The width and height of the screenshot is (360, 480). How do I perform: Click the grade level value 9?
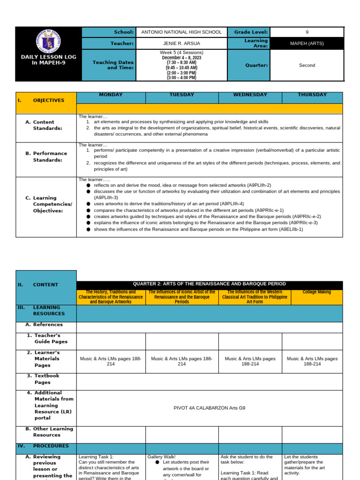[x=307, y=32]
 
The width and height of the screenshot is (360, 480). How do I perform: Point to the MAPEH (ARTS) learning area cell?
[x=307, y=44]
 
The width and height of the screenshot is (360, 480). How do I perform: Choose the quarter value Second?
[x=307, y=66]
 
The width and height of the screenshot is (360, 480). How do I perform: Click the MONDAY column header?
[x=111, y=95]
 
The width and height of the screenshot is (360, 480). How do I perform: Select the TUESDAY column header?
[x=182, y=95]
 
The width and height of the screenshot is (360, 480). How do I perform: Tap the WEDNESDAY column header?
[x=250, y=95]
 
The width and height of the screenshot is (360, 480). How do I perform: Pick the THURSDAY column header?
[x=312, y=95]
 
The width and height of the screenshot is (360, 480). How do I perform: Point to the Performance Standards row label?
[x=50, y=157]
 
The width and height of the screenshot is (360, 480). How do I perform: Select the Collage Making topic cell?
[x=316, y=292]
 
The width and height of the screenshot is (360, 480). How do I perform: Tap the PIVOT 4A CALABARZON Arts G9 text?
[x=209, y=408]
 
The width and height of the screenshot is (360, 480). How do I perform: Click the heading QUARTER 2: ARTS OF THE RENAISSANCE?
[x=209, y=284]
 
